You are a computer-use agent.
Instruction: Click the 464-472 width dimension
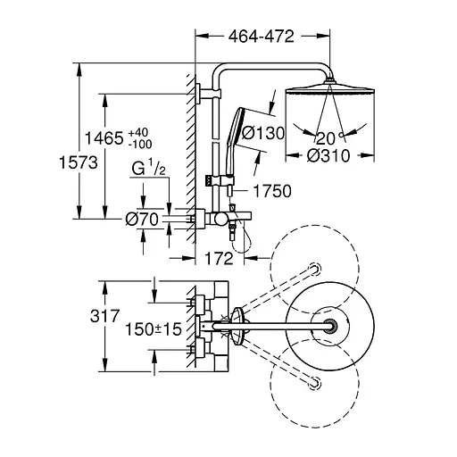coord(262,37)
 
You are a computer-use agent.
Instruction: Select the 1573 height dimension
coord(79,162)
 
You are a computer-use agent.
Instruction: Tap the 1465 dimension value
coord(104,138)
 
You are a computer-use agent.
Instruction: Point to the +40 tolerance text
coord(138,132)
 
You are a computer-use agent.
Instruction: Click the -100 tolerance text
coord(140,145)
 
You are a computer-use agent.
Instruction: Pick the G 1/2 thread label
coord(148,168)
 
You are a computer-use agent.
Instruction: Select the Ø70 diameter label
coord(142,220)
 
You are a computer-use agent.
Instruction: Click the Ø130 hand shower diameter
coord(263,133)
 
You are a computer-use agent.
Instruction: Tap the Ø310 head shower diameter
coord(328,155)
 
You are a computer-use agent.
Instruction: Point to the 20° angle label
coord(329,137)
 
